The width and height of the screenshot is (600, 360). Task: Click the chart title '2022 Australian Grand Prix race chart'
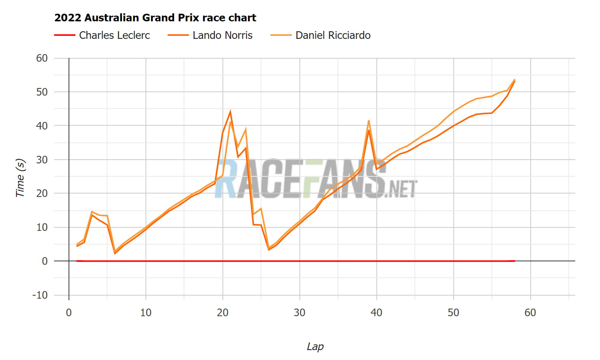155,18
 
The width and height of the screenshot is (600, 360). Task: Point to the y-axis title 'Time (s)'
20,178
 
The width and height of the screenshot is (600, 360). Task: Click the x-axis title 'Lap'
315,347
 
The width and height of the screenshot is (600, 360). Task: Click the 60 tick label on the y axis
42,58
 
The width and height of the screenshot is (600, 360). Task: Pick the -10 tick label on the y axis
40,295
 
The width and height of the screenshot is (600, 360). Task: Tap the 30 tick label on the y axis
42,160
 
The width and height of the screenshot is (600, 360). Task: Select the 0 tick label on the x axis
69,313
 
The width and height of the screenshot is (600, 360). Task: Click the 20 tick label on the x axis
223,313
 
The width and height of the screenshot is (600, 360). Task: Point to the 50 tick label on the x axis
453,313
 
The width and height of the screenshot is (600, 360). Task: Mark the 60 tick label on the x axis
530,313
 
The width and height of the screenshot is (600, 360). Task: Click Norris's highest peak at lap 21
230,112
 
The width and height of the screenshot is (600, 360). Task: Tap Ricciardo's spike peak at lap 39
369,121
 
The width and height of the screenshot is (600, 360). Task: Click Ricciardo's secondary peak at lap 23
246,129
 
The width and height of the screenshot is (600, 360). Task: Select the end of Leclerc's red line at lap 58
515,261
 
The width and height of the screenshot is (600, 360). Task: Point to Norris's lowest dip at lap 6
115,253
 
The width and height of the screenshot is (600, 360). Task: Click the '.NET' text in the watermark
401,189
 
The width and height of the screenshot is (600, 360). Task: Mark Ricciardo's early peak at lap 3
92,212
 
